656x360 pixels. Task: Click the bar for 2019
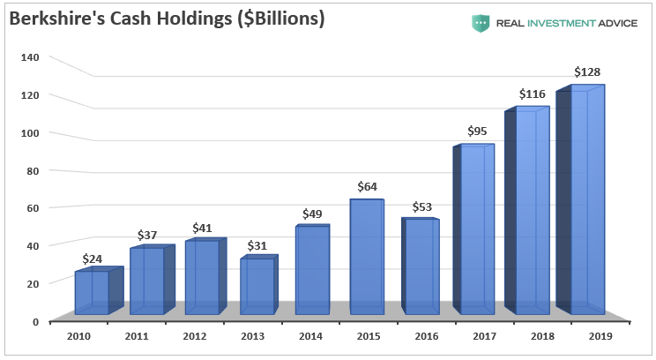[587, 201]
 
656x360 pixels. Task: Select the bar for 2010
[92, 292]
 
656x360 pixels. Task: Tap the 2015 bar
[366, 257]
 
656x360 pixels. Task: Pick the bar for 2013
[257, 286]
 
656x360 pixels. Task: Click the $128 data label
[588, 71]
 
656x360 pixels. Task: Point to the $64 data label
[368, 186]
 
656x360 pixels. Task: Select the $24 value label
[93, 259]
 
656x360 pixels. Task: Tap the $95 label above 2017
[478, 131]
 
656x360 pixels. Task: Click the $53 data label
[423, 206]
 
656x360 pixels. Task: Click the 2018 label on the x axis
[533, 336]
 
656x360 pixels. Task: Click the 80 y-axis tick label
[32, 170]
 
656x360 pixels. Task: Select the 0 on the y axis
[35, 321]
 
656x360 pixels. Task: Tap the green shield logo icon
[481, 22]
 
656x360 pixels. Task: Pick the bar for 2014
[311, 270]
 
